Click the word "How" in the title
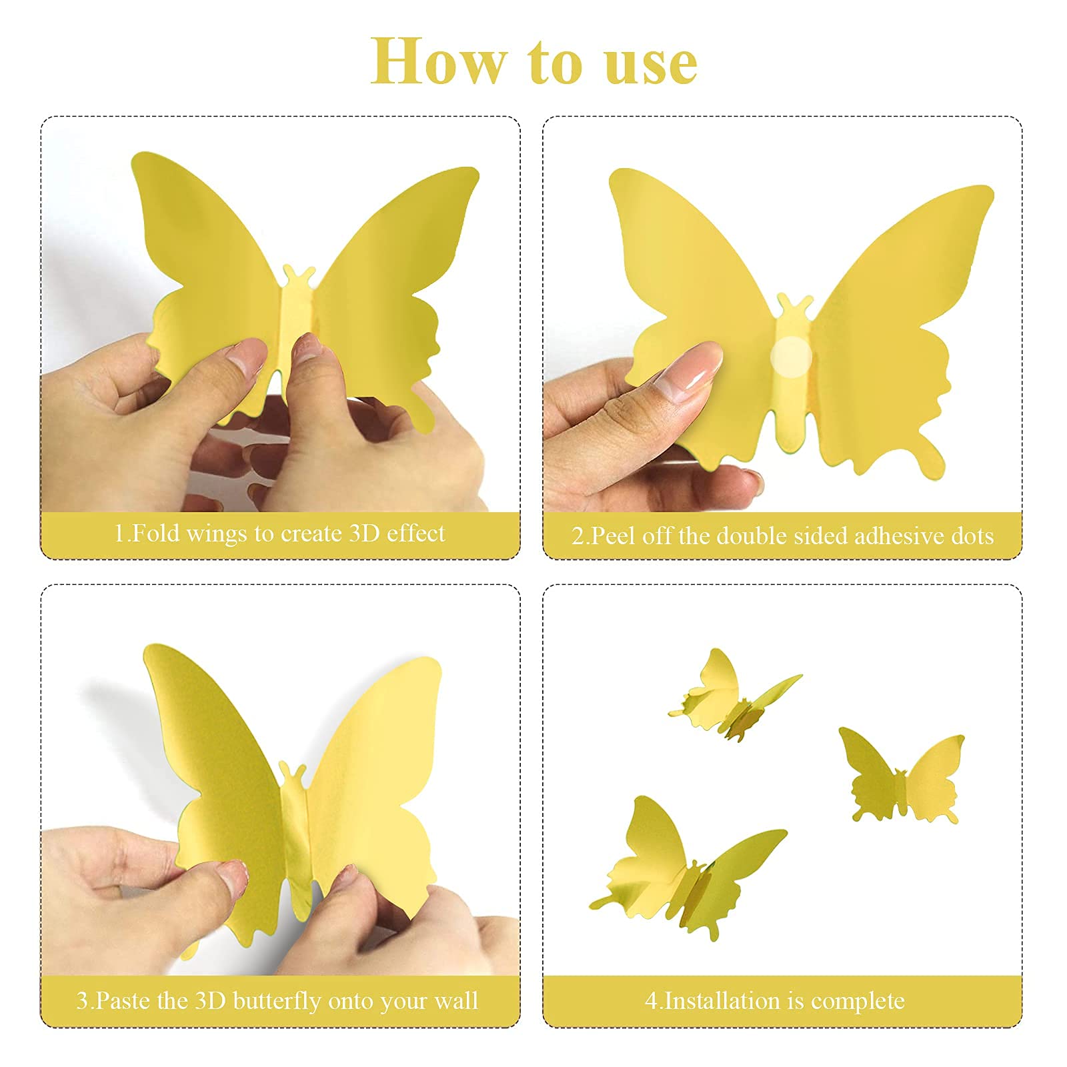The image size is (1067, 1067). click(438, 61)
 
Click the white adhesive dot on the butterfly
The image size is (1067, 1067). click(791, 357)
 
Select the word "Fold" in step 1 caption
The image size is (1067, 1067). click(158, 533)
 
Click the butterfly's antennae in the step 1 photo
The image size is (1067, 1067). click(299, 275)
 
